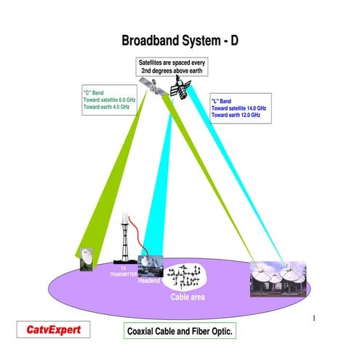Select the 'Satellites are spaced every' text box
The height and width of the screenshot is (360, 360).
(x=172, y=68)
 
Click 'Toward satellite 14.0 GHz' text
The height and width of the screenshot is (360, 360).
(x=239, y=108)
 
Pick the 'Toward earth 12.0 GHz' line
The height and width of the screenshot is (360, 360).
(x=235, y=115)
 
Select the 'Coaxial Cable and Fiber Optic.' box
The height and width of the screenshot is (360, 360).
(x=180, y=331)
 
